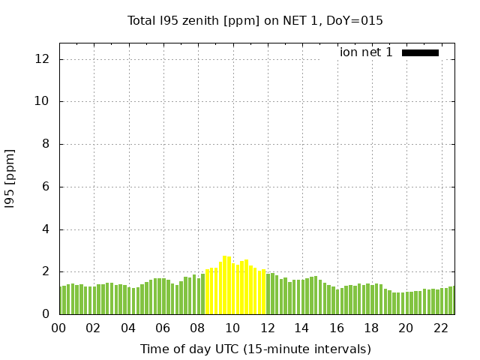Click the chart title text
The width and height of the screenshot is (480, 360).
(x=255, y=20)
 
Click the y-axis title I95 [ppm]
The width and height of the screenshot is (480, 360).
(x=10, y=178)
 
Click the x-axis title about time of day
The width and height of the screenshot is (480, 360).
(x=255, y=349)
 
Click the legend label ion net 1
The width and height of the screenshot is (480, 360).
(x=366, y=52)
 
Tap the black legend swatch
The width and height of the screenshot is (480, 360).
(x=420, y=52)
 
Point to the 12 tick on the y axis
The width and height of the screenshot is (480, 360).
(x=43, y=59)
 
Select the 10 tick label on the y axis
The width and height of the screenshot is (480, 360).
(x=43, y=102)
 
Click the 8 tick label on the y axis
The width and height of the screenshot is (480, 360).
(x=46, y=145)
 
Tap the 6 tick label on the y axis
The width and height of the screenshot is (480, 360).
(x=46, y=187)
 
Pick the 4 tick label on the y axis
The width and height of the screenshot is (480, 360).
(x=46, y=229)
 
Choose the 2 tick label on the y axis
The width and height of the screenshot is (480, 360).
(x=46, y=272)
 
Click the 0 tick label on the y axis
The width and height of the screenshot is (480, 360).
(x=46, y=315)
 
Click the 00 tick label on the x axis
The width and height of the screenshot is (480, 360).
(x=59, y=328)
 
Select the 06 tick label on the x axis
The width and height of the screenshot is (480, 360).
(x=163, y=328)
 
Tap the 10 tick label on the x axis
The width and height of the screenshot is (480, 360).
(x=232, y=328)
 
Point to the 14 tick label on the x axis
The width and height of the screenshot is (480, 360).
(x=301, y=328)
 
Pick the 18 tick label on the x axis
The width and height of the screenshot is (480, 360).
(x=371, y=328)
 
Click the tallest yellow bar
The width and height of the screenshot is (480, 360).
(x=224, y=285)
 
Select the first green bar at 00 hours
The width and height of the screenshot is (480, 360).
(x=61, y=300)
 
